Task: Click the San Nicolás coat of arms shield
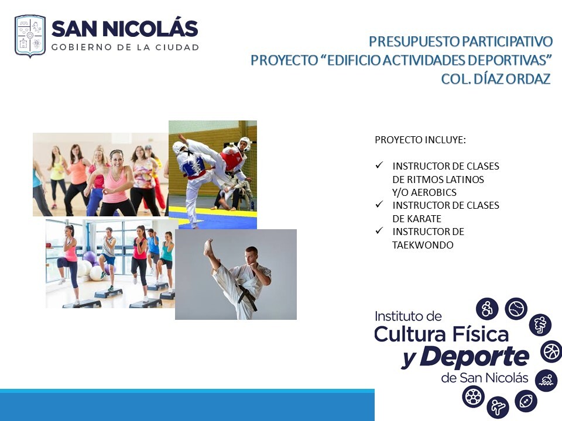click(30, 36)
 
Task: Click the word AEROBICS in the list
click(434, 192)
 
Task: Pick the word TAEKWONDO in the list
click(423, 245)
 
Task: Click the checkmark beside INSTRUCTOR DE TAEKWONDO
click(379, 230)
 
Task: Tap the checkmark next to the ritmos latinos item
click(379, 165)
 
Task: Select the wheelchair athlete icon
click(487, 309)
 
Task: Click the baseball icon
click(516, 308)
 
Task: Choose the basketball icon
click(551, 351)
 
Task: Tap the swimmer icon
click(546, 380)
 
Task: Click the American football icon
click(526, 401)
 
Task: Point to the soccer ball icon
click(473, 396)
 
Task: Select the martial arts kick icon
click(498, 407)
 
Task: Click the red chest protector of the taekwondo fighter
click(232, 158)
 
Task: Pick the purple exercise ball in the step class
click(89, 258)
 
